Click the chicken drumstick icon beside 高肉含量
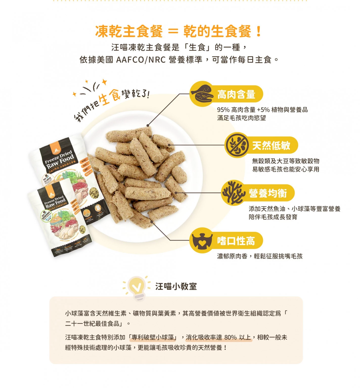[201, 93]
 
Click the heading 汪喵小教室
[176, 287]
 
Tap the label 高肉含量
[236, 94]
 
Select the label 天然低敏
[271, 145]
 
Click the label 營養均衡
[268, 193]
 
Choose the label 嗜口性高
[236, 241]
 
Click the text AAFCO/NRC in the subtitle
[141, 60]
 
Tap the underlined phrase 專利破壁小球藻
[153, 337]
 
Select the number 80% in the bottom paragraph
[230, 337]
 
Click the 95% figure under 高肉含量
[223, 110]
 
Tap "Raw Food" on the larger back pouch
[60, 162]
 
